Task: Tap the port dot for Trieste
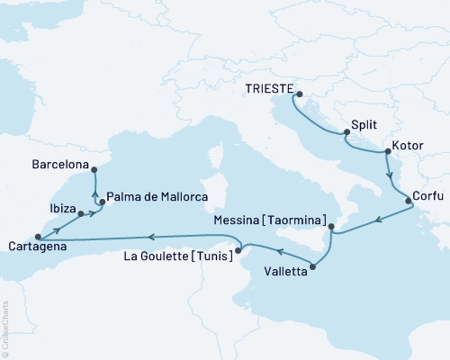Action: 299,94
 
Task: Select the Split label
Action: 364,127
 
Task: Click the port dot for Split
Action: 346,134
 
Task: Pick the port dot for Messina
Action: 330,226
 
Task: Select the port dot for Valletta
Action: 313,265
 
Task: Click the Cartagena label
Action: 34,247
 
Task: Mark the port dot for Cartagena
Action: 37,237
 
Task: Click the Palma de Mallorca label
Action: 157,196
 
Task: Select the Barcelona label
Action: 59,166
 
